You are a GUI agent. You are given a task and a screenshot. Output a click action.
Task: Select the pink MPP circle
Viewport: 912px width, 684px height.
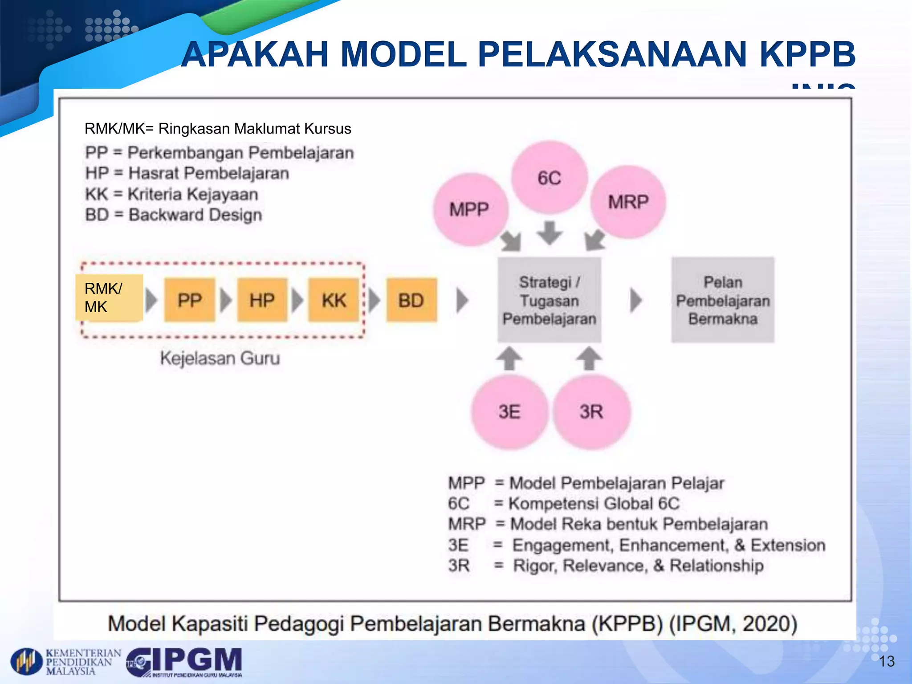click(x=470, y=209)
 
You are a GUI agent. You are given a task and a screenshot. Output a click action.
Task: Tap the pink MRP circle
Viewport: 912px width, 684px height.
click(x=628, y=202)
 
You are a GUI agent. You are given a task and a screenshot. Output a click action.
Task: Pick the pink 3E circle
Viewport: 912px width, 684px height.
click(x=509, y=411)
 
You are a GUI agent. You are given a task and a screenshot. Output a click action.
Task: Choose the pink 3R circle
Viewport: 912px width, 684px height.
click(x=591, y=411)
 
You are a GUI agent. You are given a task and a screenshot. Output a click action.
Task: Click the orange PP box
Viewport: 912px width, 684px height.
click(x=190, y=300)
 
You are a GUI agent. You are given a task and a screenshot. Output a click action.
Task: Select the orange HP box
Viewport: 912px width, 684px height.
click(x=262, y=300)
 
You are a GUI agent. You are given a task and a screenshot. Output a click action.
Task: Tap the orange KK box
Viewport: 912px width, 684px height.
click(x=334, y=300)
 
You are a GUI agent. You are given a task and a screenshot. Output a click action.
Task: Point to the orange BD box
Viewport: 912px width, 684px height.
click(x=411, y=300)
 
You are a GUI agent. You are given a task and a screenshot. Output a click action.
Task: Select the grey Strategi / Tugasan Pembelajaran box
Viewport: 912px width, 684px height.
click(x=549, y=300)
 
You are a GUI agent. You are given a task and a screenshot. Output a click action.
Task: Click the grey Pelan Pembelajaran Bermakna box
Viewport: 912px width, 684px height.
click(x=723, y=300)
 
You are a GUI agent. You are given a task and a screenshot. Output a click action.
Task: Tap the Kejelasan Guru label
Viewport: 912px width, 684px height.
click(x=220, y=358)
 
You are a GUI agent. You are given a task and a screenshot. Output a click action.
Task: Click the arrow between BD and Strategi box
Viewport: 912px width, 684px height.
click(x=462, y=300)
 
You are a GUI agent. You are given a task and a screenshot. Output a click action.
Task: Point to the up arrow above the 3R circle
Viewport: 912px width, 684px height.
click(x=589, y=358)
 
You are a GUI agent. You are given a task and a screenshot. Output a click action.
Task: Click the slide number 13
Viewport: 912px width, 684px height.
click(x=886, y=661)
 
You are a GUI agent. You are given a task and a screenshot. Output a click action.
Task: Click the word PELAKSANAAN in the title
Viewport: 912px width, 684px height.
click(x=612, y=54)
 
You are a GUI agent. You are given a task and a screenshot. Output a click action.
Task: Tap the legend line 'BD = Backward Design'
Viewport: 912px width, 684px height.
click(x=174, y=215)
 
